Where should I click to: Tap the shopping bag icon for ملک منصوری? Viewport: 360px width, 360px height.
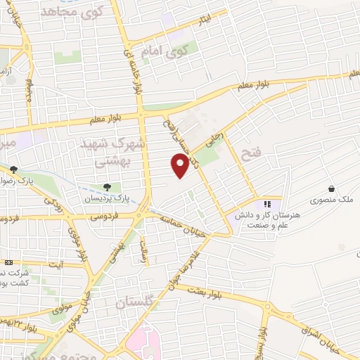pyautogui.click(x=330, y=188)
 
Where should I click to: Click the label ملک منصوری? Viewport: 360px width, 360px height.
pyautogui.click(x=333, y=200)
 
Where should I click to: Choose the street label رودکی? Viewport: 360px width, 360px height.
pyautogui.click(x=53, y=204)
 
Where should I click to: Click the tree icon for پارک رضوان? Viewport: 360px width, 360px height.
pyautogui.click(x=13, y=169)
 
